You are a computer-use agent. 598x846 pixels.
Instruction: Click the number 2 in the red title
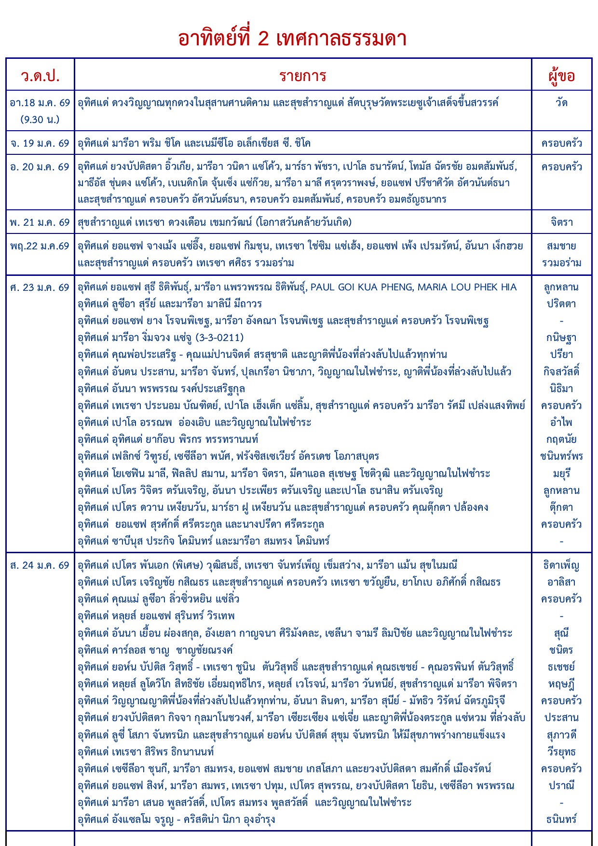(263, 39)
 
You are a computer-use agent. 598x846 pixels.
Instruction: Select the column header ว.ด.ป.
(40, 76)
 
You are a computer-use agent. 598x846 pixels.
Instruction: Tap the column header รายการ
(303, 76)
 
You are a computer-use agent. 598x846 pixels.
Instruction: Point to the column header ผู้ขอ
(561, 76)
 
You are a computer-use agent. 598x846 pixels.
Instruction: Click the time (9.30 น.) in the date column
(40, 119)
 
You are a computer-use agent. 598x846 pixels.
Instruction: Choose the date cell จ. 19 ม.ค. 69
(40, 143)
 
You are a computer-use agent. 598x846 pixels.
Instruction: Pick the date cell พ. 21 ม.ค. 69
(40, 222)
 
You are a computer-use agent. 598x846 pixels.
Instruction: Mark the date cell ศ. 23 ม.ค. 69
(40, 287)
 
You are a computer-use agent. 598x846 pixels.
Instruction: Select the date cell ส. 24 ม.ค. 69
(40, 565)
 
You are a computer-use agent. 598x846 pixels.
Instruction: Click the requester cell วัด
(561, 103)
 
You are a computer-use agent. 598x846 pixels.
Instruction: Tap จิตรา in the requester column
(561, 222)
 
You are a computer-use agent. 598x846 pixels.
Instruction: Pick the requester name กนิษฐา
(561, 338)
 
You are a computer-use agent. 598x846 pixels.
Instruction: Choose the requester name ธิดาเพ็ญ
(561, 565)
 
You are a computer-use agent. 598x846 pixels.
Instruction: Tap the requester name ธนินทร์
(561, 819)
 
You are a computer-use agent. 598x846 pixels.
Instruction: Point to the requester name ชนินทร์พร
(561, 456)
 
